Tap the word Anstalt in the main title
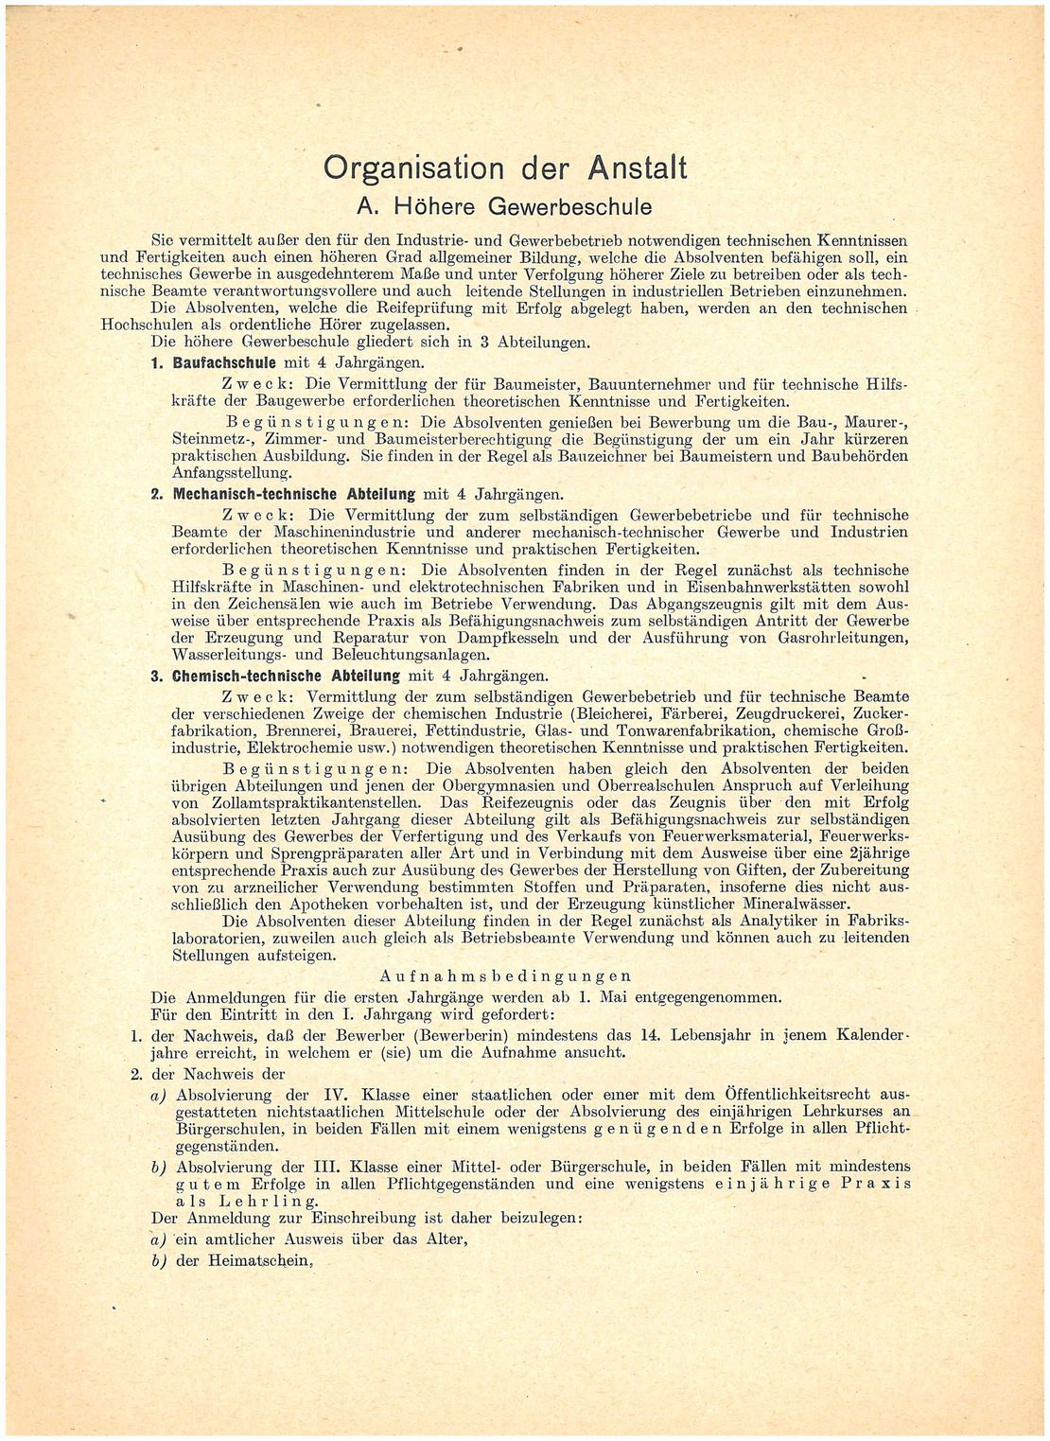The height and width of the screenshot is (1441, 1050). click(x=639, y=167)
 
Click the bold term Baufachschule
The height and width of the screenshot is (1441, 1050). click(x=226, y=363)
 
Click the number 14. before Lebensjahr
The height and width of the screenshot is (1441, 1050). click(x=645, y=1033)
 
